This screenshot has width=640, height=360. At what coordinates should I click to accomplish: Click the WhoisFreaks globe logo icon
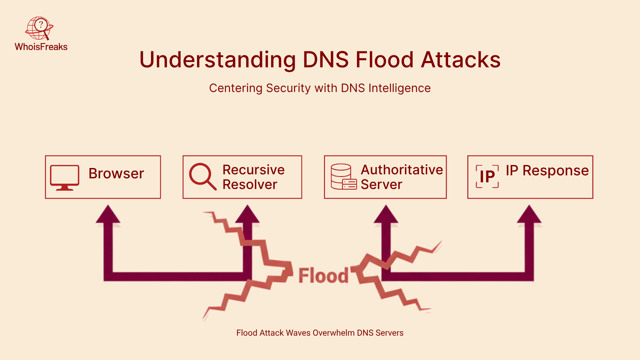[x=39, y=28]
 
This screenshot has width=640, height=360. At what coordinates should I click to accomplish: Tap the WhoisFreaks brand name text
[x=41, y=47]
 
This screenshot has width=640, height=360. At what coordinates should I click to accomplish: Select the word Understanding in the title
[x=217, y=60]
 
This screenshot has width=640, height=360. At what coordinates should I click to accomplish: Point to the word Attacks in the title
[x=461, y=60]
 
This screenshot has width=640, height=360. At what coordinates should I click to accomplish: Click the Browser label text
[x=116, y=174]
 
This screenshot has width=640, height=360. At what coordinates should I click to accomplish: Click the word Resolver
[x=250, y=185]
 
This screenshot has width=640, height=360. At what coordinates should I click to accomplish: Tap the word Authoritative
[x=402, y=170]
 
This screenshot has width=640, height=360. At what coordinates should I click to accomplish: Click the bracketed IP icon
[x=487, y=176]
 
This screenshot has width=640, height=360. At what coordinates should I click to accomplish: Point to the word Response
[x=555, y=171]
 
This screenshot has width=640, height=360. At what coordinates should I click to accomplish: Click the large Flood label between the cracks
[x=323, y=276]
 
